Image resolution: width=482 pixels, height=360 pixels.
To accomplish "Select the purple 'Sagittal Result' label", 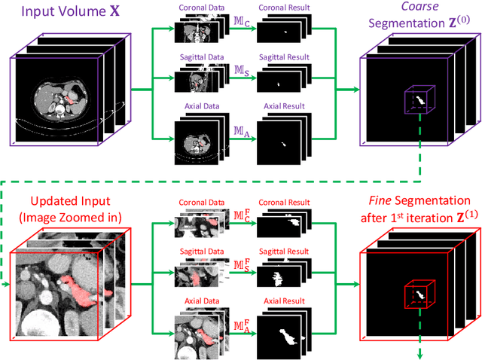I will tap(279, 56).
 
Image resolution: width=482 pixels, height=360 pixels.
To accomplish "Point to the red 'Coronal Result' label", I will tap(279, 204).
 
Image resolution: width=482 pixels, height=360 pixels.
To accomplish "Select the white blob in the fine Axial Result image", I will tap(284, 334).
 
